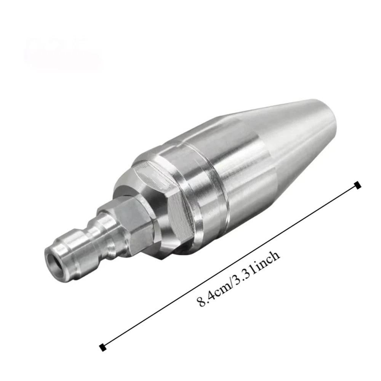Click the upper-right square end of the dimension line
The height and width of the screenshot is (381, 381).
click(x=357, y=185)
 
